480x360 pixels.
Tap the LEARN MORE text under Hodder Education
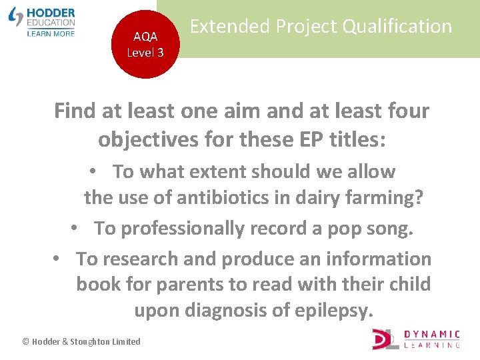pyautogui.click(x=51, y=33)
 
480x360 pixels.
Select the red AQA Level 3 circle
pyautogui.click(x=145, y=44)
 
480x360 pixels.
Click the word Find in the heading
pyautogui.click(x=74, y=111)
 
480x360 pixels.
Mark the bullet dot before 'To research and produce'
pyautogui.click(x=58, y=259)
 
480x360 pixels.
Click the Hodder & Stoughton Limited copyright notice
pyautogui.click(x=81, y=341)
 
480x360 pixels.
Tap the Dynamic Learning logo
pyautogui.click(x=416, y=338)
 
